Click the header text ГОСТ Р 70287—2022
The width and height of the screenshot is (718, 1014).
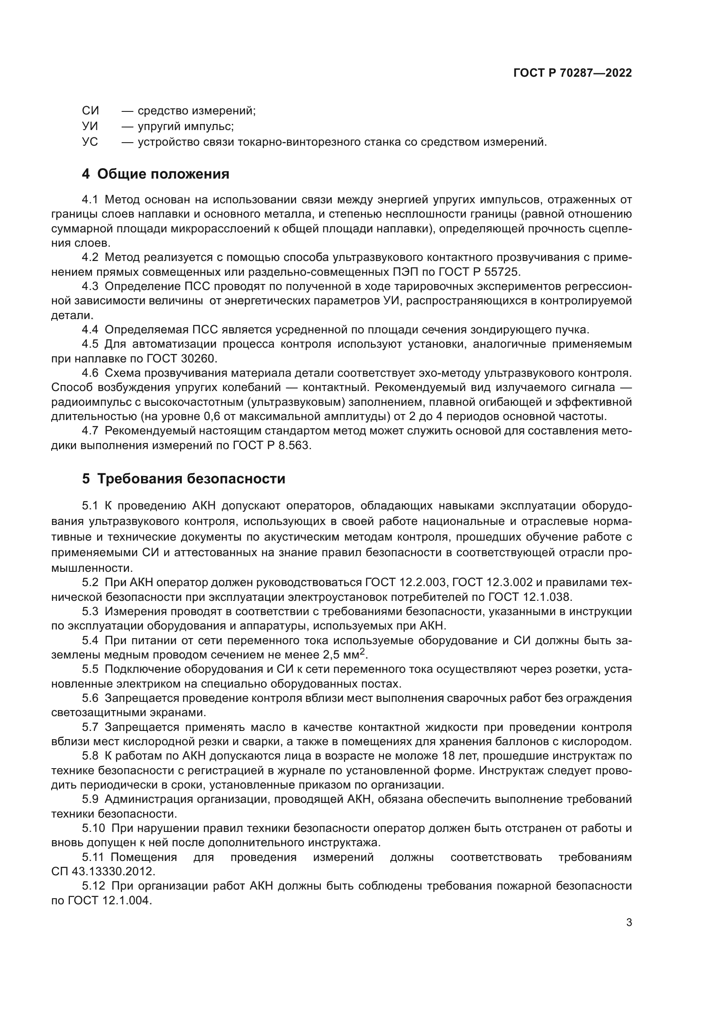(572, 73)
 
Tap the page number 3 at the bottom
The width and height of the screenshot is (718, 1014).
(629, 922)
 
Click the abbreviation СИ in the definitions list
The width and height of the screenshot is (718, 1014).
(91, 111)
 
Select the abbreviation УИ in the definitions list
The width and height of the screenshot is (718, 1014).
(90, 126)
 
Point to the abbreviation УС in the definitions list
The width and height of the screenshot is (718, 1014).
(90, 142)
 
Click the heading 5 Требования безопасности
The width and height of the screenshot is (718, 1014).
(184, 478)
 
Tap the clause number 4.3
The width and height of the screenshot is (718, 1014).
(90, 286)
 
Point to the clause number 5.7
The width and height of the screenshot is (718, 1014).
(90, 727)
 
